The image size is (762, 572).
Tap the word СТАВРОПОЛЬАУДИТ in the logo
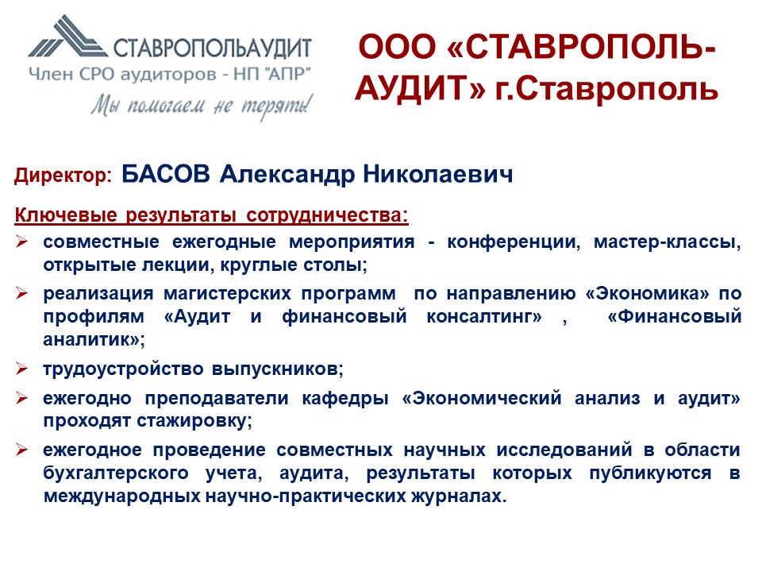point(213,48)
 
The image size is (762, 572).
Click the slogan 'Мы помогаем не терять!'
point(202,106)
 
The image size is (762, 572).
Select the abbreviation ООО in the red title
point(397,47)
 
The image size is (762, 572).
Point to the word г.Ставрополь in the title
point(606,90)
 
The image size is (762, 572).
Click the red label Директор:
point(63,175)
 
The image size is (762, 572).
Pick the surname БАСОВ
point(166,174)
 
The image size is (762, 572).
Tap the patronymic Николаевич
point(438,174)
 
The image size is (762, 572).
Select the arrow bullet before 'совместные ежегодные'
point(21,242)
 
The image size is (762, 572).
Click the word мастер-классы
point(668,242)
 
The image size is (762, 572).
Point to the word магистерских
point(227,294)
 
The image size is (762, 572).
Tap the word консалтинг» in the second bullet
point(484,317)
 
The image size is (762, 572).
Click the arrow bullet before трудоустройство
point(21,369)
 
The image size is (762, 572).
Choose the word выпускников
point(278,369)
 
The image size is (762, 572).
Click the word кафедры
point(345,398)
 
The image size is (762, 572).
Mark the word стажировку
point(194,421)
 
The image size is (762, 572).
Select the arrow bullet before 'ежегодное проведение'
point(21,450)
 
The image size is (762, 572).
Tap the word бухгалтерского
point(116,473)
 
